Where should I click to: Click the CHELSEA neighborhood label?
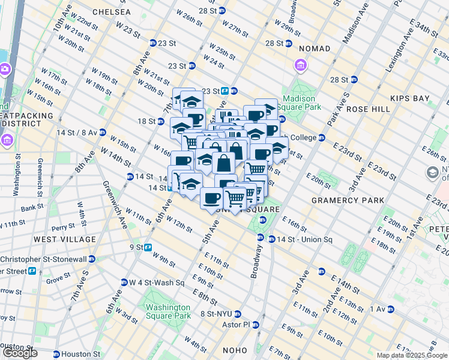(x=112, y=12)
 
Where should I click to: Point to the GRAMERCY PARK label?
(x=343, y=199)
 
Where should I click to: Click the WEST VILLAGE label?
(x=65, y=239)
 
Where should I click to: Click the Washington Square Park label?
(x=168, y=311)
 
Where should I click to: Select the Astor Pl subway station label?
(x=238, y=325)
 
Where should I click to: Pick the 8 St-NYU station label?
(x=217, y=314)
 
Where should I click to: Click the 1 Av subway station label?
(x=378, y=309)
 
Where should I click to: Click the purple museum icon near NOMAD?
(x=300, y=64)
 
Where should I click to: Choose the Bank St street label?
(x=29, y=209)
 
